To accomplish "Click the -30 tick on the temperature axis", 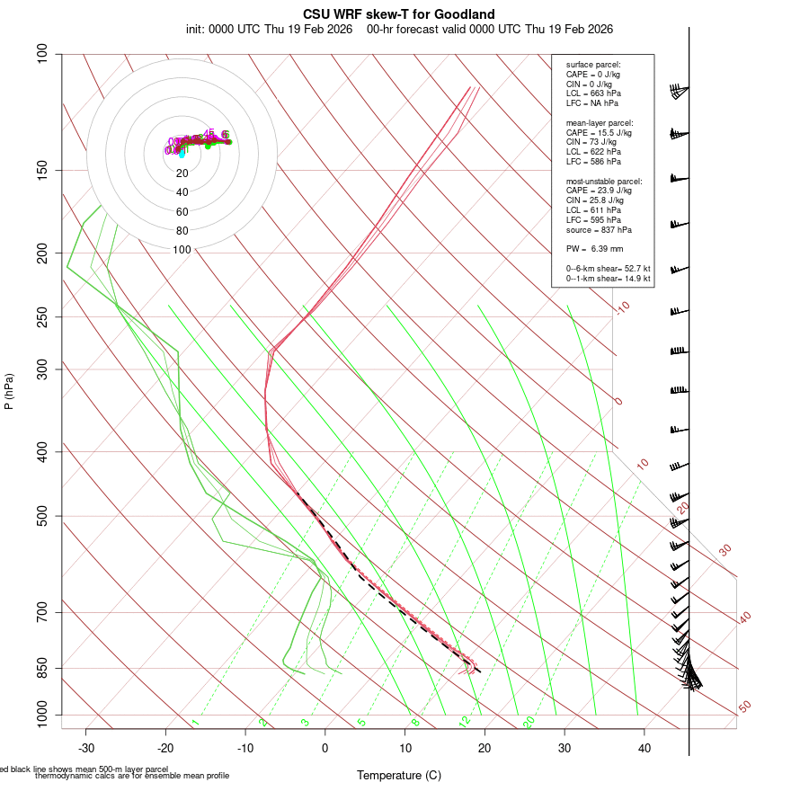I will (86, 748).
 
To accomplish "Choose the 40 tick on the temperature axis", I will (645, 748).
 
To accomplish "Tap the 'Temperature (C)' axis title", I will (399, 775).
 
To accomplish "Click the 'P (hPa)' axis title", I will (9, 392).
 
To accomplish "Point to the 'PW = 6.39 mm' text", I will (594, 249).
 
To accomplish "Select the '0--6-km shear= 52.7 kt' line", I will (608, 269).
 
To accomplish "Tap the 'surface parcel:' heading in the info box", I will (593, 65).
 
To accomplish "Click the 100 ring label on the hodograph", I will (182, 250).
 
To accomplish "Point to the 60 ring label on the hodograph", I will (182, 212).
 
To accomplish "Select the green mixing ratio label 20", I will (529, 722).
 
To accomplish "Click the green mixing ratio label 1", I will (195, 723).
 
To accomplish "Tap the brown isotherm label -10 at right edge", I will (622, 307).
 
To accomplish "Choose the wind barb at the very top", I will (679, 90).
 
